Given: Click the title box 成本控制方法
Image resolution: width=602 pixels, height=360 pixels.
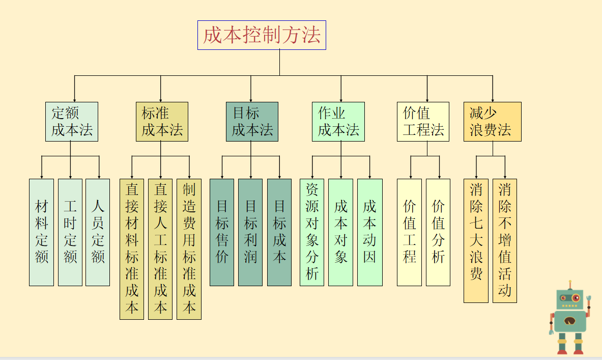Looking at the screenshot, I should point(262,35).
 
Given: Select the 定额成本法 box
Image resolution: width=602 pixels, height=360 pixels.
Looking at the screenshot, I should point(71,122).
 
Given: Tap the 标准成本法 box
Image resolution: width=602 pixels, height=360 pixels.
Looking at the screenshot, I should point(162,122).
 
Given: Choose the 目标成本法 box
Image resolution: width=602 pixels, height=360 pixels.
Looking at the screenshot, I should point(252,122).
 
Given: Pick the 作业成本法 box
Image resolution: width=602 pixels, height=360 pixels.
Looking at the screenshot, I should point(338,122).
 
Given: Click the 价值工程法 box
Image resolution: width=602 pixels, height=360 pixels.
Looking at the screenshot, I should point(423,122).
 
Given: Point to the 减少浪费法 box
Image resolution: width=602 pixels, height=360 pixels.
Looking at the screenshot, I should point(492,122).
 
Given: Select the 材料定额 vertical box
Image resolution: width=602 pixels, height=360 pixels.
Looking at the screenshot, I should point(41,232).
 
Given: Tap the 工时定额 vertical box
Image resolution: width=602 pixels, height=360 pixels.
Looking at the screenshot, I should point(70,232).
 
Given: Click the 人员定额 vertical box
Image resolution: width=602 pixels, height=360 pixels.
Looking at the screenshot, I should point(98,232).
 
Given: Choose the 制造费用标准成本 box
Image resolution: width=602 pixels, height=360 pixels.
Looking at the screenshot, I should point(189,249).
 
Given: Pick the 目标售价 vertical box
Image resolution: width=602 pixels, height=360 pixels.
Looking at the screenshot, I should point(222,232).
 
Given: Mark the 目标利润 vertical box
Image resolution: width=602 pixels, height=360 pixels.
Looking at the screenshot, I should point(250,232).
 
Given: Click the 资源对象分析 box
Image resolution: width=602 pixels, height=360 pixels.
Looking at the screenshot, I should point(312,232).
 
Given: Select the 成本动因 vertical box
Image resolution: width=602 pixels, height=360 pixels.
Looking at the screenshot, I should point(369,232).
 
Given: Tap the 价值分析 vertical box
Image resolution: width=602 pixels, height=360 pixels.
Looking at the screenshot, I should point(438,232).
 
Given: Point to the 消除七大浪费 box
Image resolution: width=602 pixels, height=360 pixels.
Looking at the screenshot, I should point(476,240).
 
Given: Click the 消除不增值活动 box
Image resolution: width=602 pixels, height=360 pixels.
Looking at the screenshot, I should point(505,240).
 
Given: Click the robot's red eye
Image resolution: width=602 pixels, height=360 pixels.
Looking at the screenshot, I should point(576,297).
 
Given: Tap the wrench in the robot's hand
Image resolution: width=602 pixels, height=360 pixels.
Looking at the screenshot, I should point(589,298).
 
